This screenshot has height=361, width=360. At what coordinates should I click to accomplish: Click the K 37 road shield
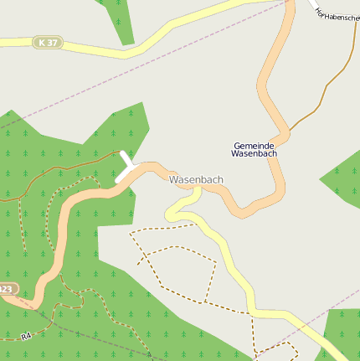click(x=48, y=42)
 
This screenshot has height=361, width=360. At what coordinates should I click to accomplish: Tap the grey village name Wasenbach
click(x=197, y=179)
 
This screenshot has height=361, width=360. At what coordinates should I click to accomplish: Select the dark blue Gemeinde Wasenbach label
click(x=255, y=149)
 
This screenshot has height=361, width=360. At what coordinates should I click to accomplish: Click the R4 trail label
click(x=26, y=337)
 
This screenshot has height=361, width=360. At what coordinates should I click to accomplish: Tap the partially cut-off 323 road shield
click(x=7, y=289)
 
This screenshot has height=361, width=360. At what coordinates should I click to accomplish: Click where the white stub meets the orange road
click(x=134, y=170)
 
